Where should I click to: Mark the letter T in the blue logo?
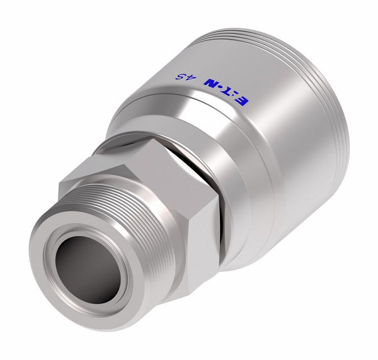click(x=239, y=95)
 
